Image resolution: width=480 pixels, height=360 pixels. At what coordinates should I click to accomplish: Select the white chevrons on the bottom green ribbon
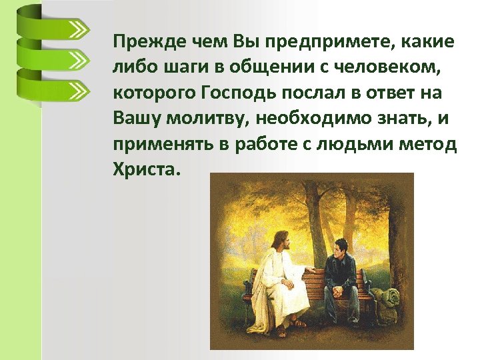click(78, 89)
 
